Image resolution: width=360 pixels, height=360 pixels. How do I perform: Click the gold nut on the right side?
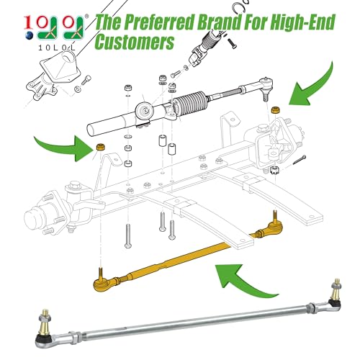[x=275, y=109]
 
